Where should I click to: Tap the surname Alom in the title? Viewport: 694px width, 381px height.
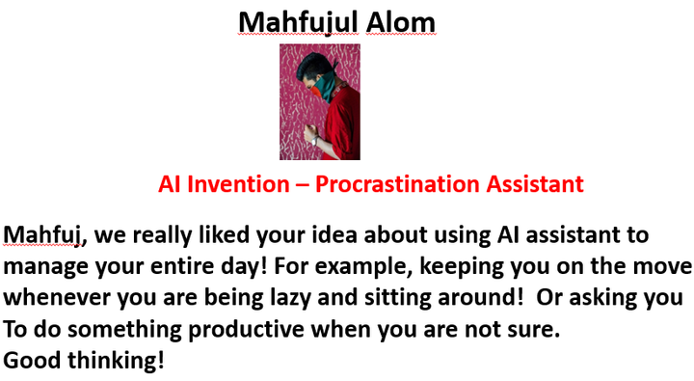pyautogui.click(x=401, y=22)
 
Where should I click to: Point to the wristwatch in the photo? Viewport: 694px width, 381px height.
pyautogui.click(x=315, y=141)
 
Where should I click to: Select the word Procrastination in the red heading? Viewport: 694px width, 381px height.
pyautogui.click(x=397, y=184)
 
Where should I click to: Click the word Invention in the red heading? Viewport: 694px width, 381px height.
pyautogui.click(x=238, y=184)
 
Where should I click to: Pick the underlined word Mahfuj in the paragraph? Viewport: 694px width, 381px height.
pyautogui.click(x=42, y=235)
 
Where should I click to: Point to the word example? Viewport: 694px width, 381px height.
pyautogui.click(x=363, y=267)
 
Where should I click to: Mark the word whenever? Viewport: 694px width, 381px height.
pyautogui.click(x=56, y=298)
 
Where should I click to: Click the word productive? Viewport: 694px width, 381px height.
pyautogui.click(x=247, y=330)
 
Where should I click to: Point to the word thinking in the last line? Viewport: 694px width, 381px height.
pyautogui.click(x=116, y=360)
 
